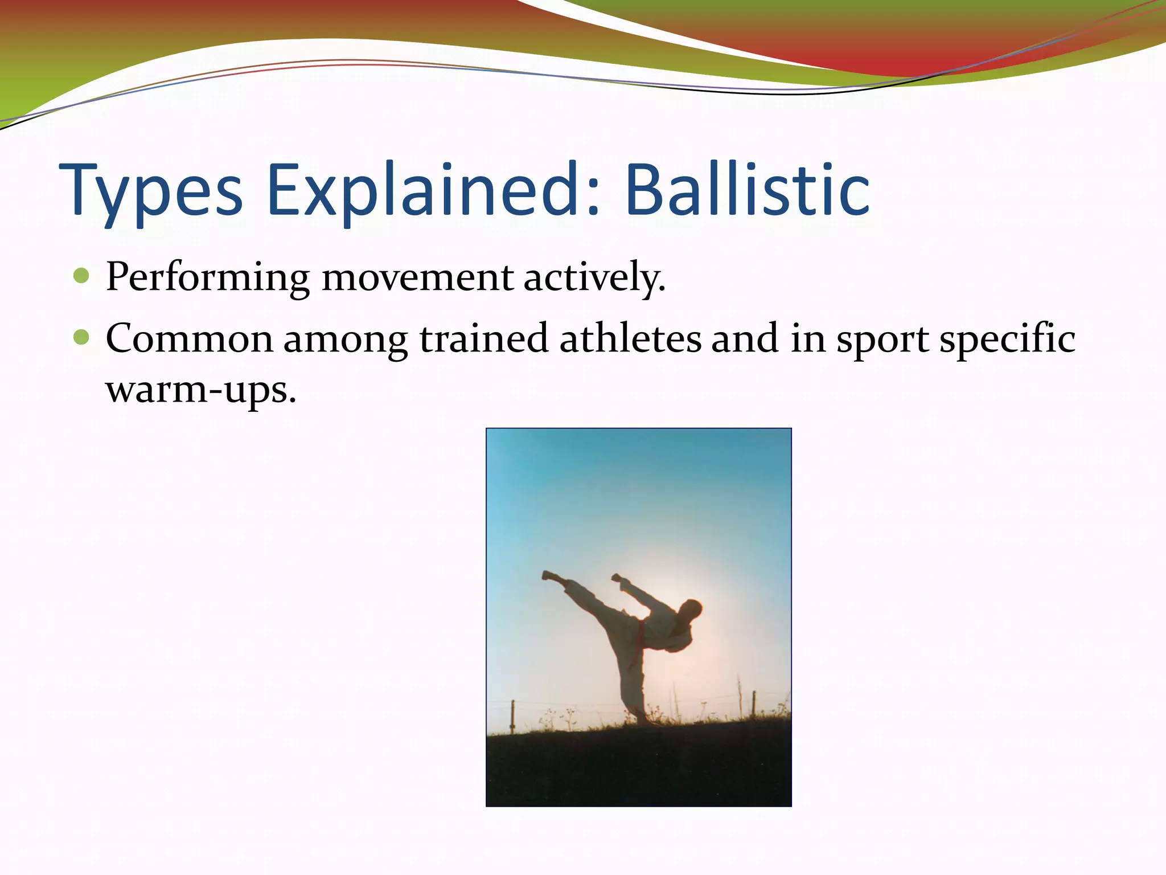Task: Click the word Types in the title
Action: [151, 191]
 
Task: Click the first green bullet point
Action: [82, 276]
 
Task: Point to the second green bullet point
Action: [82, 337]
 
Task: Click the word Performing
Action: [207, 278]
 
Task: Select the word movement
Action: [417, 278]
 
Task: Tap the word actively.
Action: [594, 278]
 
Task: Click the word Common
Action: [190, 339]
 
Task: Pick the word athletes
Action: [630, 339]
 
